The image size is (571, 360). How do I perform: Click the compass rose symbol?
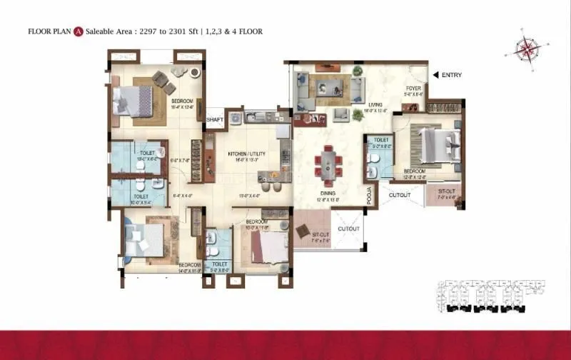[527, 49]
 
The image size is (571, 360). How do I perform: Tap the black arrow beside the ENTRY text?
[435, 74]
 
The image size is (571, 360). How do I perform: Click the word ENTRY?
[452, 74]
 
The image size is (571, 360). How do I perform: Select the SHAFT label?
[215, 119]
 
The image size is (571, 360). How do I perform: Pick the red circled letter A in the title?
[79, 31]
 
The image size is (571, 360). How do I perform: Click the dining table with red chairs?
[329, 164]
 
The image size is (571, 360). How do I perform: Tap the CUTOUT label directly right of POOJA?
[400, 194]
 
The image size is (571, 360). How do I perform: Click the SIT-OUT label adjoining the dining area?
[320, 234]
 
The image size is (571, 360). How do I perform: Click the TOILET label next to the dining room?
[380, 140]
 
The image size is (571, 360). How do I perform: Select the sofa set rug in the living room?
[330, 88]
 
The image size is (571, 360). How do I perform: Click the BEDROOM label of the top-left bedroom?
[182, 101]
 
